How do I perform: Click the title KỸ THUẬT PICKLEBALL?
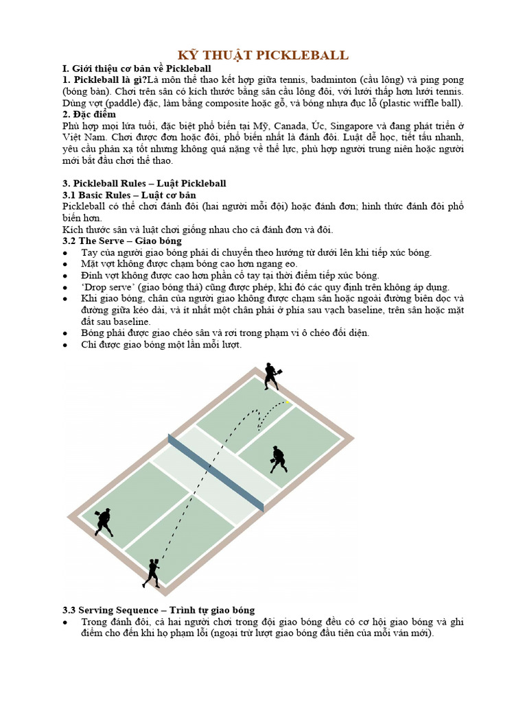point(263,55)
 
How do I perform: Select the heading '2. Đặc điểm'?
point(89,114)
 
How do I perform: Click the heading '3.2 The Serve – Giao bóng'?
point(122,241)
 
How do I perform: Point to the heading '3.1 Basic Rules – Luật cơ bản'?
point(129,195)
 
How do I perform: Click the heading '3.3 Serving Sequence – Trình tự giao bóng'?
point(159,610)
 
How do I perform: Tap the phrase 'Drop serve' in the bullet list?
point(107,287)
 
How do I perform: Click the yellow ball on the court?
point(288,402)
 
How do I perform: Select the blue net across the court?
point(216,472)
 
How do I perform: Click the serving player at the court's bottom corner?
point(152,573)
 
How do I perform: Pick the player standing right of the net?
point(279,459)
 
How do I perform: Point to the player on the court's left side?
point(104,522)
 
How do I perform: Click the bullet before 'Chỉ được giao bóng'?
point(65,346)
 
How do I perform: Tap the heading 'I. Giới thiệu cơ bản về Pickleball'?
point(137,69)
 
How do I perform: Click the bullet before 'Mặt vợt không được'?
point(65,265)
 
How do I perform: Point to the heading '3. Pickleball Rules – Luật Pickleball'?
point(144,183)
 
